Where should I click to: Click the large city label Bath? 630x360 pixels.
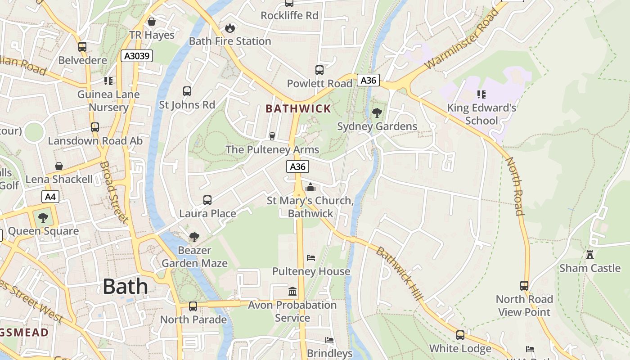[x=125, y=287]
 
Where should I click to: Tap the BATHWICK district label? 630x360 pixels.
[x=298, y=108]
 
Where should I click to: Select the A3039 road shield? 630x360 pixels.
[x=137, y=56]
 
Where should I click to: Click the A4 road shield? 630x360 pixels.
[x=50, y=197]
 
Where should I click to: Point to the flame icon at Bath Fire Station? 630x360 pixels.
[x=229, y=28]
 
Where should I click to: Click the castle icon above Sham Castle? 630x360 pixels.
[x=589, y=255]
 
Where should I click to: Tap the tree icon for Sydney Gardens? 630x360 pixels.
[x=377, y=112]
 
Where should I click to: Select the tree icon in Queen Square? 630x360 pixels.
[x=43, y=218]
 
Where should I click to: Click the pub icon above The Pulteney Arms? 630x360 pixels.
[x=272, y=136]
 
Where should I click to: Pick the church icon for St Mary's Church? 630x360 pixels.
[x=310, y=187]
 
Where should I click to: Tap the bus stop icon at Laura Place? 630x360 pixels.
[x=207, y=200]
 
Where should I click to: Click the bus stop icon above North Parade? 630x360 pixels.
[x=193, y=306]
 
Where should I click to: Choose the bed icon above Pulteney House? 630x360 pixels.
[x=311, y=258]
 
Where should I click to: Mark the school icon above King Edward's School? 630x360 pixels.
[x=481, y=94]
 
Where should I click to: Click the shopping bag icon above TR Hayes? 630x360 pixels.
[x=152, y=22]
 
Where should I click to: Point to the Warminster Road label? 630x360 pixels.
[x=461, y=40]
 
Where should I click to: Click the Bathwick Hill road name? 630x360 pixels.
[x=400, y=274]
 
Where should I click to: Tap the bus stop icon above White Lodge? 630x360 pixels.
[x=460, y=335]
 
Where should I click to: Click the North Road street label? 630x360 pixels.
[x=514, y=186]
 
